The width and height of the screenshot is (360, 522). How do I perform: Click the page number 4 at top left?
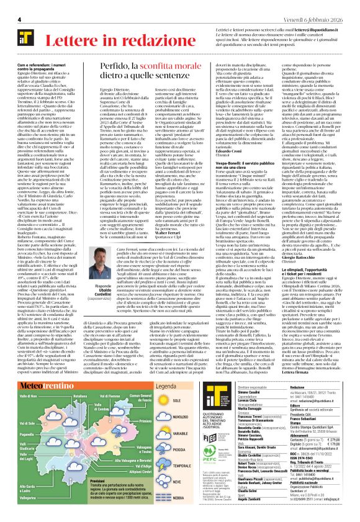19,20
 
